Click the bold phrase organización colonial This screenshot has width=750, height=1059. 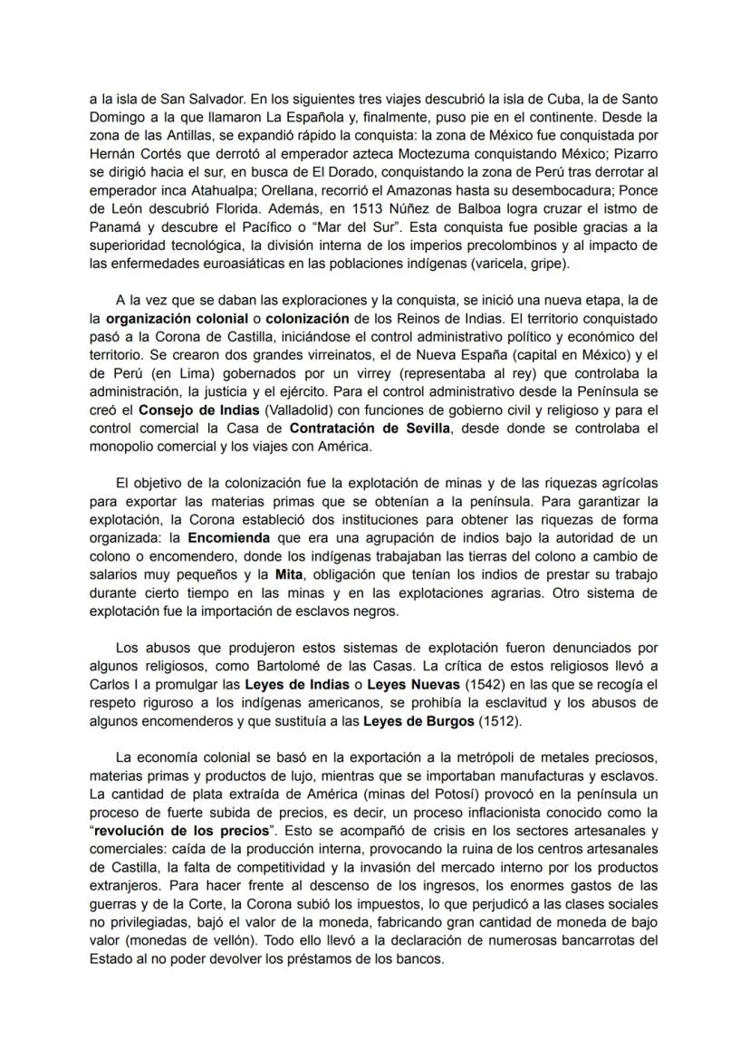(179, 320)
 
